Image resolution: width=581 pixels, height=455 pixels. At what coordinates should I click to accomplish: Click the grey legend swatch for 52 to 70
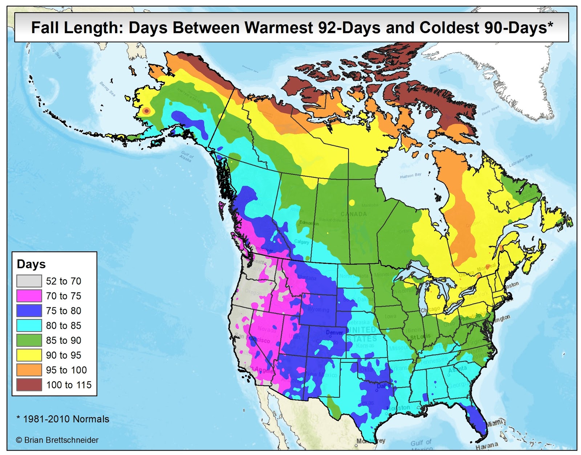(x=29, y=281)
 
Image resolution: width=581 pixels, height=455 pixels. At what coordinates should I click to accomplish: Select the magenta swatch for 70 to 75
(x=29, y=296)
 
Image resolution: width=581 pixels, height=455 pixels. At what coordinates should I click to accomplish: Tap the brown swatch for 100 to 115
(x=29, y=385)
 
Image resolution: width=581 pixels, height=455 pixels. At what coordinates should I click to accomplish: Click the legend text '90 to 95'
(x=64, y=355)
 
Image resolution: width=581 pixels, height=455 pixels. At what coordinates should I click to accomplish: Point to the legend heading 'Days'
(x=31, y=264)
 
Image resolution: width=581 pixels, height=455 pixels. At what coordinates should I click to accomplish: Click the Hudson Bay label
(x=410, y=176)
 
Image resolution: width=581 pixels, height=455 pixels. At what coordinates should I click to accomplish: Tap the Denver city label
(x=334, y=332)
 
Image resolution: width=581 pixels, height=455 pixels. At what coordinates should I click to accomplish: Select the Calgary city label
(x=301, y=242)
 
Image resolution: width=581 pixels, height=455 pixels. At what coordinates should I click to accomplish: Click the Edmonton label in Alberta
(x=309, y=223)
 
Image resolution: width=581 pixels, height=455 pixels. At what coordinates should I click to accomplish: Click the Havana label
(x=487, y=445)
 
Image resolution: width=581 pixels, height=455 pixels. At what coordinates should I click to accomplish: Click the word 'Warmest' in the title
(x=278, y=28)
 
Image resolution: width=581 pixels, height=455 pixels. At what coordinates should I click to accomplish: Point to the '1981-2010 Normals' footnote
(x=63, y=419)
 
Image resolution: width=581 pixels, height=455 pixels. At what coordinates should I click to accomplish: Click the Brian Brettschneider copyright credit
(x=57, y=440)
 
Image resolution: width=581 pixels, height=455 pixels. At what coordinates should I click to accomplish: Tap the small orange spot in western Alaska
(x=146, y=111)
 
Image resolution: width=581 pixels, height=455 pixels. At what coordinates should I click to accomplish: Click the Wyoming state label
(x=318, y=310)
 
